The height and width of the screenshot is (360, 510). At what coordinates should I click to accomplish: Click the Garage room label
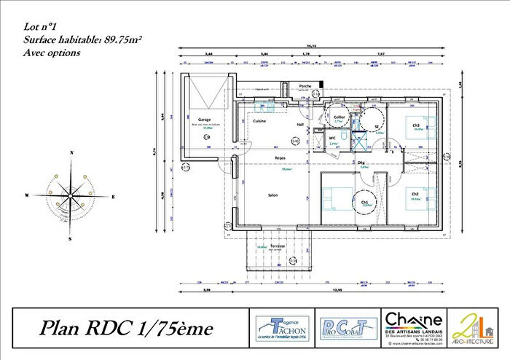click(x=204, y=119)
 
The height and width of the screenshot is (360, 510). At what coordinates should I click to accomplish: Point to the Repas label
click(x=280, y=157)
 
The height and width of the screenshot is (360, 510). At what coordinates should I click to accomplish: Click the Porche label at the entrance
click(x=306, y=86)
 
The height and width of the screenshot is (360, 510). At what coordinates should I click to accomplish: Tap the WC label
click(x=331, y=137)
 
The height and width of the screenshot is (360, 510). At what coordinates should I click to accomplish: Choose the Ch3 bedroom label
click(x=416, y=125)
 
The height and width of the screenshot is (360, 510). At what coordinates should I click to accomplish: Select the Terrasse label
click(x=278, y=246)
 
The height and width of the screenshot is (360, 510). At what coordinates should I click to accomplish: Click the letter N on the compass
click(x=71, y=153)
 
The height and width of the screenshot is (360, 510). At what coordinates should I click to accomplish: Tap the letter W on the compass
click(x=27, y=195)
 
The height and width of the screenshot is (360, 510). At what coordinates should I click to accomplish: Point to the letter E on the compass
click(x=114, y=197)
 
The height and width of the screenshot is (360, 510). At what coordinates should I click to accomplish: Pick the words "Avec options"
click(x=52, y=52)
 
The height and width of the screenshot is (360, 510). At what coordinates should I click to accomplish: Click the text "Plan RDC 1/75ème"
click(x=126, y=329)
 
